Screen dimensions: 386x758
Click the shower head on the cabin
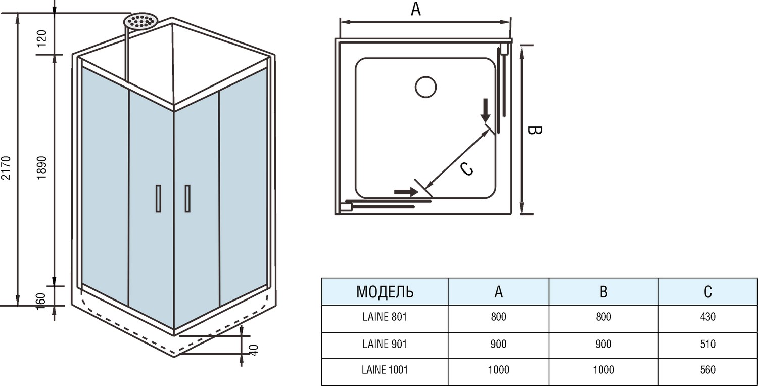[x=141, y=21]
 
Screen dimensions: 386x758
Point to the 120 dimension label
[x=42, y=37]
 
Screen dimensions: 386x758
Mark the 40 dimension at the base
[x=254, y=349]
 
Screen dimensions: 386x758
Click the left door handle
[x=158, y=198]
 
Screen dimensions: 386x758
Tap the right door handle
[x=187, y=198]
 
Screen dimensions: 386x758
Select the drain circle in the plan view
[x=425, y=87]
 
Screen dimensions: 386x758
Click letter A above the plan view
[x=415, y=9]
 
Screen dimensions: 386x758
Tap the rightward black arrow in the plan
[x=405, y=192]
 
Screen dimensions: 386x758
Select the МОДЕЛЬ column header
[x=385, y=291]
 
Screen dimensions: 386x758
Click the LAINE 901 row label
[x=385, y=344]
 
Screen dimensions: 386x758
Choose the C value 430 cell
[x=708, y=317]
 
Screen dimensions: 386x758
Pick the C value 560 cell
[x=708, y=370]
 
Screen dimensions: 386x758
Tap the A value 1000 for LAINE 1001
[x=498, y=370]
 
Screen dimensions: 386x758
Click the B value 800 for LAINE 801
[x=603, y=317]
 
